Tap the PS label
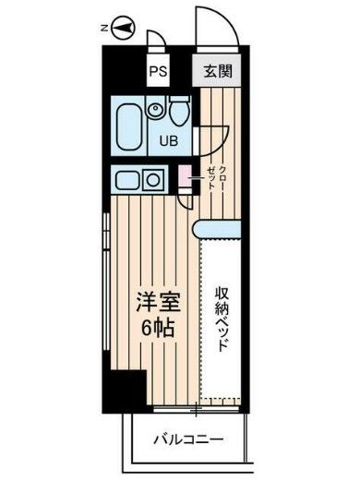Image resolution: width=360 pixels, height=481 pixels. point(158,69)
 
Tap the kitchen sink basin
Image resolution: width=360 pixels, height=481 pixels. point(124,179)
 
